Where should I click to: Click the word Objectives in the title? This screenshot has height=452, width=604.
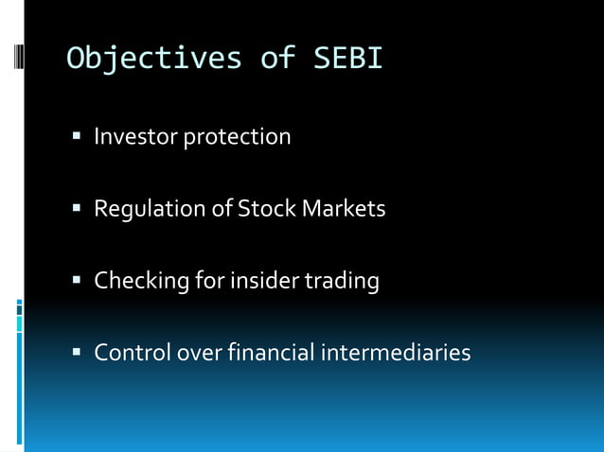(154, 59)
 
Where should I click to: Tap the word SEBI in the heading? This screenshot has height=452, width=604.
(347, 59)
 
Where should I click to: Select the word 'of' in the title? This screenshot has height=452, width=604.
(278, 59)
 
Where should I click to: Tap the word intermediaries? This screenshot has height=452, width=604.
(397, 353)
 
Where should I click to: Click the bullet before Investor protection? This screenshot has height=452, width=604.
(78, 138)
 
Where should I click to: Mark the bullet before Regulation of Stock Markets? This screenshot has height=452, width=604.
(78, 209)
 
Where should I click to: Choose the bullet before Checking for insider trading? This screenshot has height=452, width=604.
(78, 281)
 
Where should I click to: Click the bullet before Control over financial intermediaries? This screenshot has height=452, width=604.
(78, 354)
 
